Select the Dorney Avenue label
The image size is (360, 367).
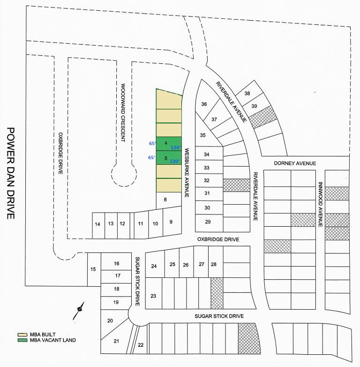click(x=295, y=163)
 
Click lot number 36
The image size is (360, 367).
click(x=204, y=104)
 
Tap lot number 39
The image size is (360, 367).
click(x=255, y=107)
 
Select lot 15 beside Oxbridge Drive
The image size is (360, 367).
click(x=93, y=269)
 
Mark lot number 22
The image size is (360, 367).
click(x=141, y=345)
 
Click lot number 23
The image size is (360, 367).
click(x=153, y=296)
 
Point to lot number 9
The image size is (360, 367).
click(x=171, y=222)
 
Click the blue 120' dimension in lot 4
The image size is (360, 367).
click(x=175, y=147)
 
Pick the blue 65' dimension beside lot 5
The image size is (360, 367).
click(x=151, y=158)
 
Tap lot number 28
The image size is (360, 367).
click(x=214, y=265)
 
